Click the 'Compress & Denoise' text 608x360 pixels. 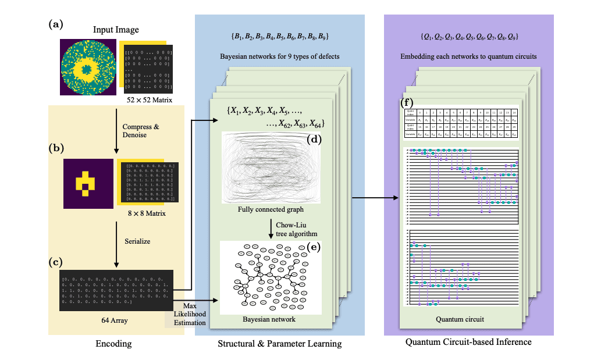140,130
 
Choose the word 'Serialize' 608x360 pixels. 137,241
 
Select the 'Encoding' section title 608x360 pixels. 113,344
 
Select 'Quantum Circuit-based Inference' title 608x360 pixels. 468,342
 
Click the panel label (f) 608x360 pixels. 408,103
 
